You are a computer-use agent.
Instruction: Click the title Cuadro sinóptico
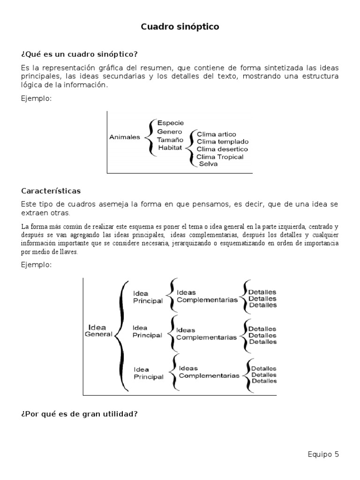pyautogui.click(x=180, y=27)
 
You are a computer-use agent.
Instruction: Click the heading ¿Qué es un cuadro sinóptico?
pyautogui.click(x=80, y=54)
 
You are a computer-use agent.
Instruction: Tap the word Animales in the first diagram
pyautogui.click(x=125, y=137)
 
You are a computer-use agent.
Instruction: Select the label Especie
pyautogui.click(x=171, y=123)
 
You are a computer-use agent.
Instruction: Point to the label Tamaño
pyautogui.click(x=170, y=140)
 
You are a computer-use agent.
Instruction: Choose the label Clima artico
pyautogui.click(x=216, y=134)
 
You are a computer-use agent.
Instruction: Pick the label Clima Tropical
pyautogui.click(x=220, y=157)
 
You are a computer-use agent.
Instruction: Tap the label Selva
pyautogui.click(x=208, y=165)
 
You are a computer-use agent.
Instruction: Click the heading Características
pyautogui.click(x=51, y=191)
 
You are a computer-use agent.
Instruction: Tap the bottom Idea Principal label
pyautogui.click(x=149, y=373)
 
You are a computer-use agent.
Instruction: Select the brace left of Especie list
pyautogui.click(x=150, y=137)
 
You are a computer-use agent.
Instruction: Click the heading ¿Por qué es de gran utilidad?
pyautogui.click(x=79, y=414)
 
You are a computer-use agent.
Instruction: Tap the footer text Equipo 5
pyautogui.click(x=323, y=454)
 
